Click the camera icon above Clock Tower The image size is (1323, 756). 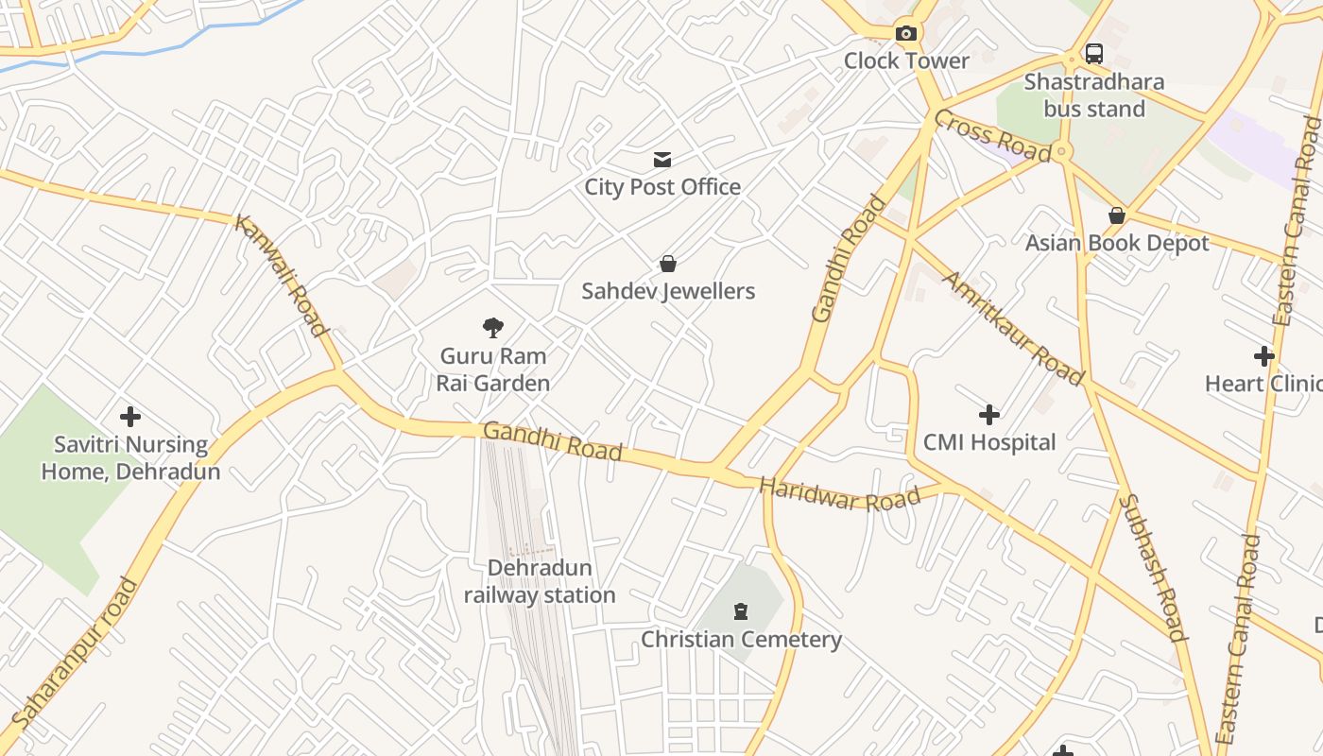point(906,34)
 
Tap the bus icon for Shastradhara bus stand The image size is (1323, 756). point(1093,54)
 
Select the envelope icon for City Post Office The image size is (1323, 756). point(662,160)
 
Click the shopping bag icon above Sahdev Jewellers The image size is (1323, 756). point(668,264)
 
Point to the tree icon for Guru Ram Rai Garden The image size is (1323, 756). point(492,328)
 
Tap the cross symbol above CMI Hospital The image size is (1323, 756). point(988,415)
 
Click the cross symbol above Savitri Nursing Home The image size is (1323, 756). point(130,417)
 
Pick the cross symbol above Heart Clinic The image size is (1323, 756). point(1263,356)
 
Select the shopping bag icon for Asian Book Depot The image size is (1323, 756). point(1117,216)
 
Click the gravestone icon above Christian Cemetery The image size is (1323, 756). point(741,612)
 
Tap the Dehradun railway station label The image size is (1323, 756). point(539,581)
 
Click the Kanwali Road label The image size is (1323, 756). point(281,276)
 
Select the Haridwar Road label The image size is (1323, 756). point(839,494)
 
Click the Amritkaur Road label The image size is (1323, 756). point(1013,329)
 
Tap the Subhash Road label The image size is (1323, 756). point(1152,567)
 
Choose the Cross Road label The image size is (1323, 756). point(992,136)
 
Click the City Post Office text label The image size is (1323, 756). point(661,187)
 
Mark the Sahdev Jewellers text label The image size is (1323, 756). point(668,291)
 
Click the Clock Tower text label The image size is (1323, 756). point(906,61)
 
